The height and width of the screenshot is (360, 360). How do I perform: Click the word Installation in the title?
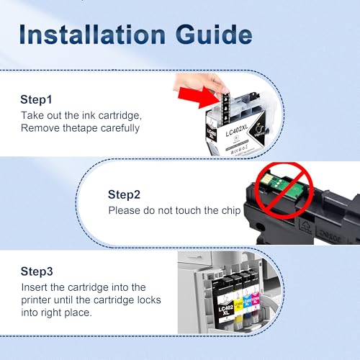pyautogui.click(x=92, y=35)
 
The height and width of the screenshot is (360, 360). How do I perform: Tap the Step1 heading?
pyautogui.click(x=36, y=99)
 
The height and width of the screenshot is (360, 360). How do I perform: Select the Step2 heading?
pyautogui.click(x=124, y=194)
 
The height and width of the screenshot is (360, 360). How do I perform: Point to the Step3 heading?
pyautogui.click(x=37, y=271)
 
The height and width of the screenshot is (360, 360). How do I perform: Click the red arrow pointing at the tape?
pyautogui.click(x=199, y=97)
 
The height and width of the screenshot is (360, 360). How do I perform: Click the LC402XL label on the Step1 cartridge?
pyautogui.click(x=237, y=130)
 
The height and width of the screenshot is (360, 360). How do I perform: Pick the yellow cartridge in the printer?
pyautogui.click(x=238, y=302)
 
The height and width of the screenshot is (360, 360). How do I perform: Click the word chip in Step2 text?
pyautogui.click(x=231, y=211)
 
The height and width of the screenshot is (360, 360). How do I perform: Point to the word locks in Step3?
pyautogui.click(x=149, y=300)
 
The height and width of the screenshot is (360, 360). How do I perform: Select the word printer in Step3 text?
pyautogui.click(x=36, y=300)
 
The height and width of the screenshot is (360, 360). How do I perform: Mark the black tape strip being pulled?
pyautogui.click(x=225, y=109)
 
